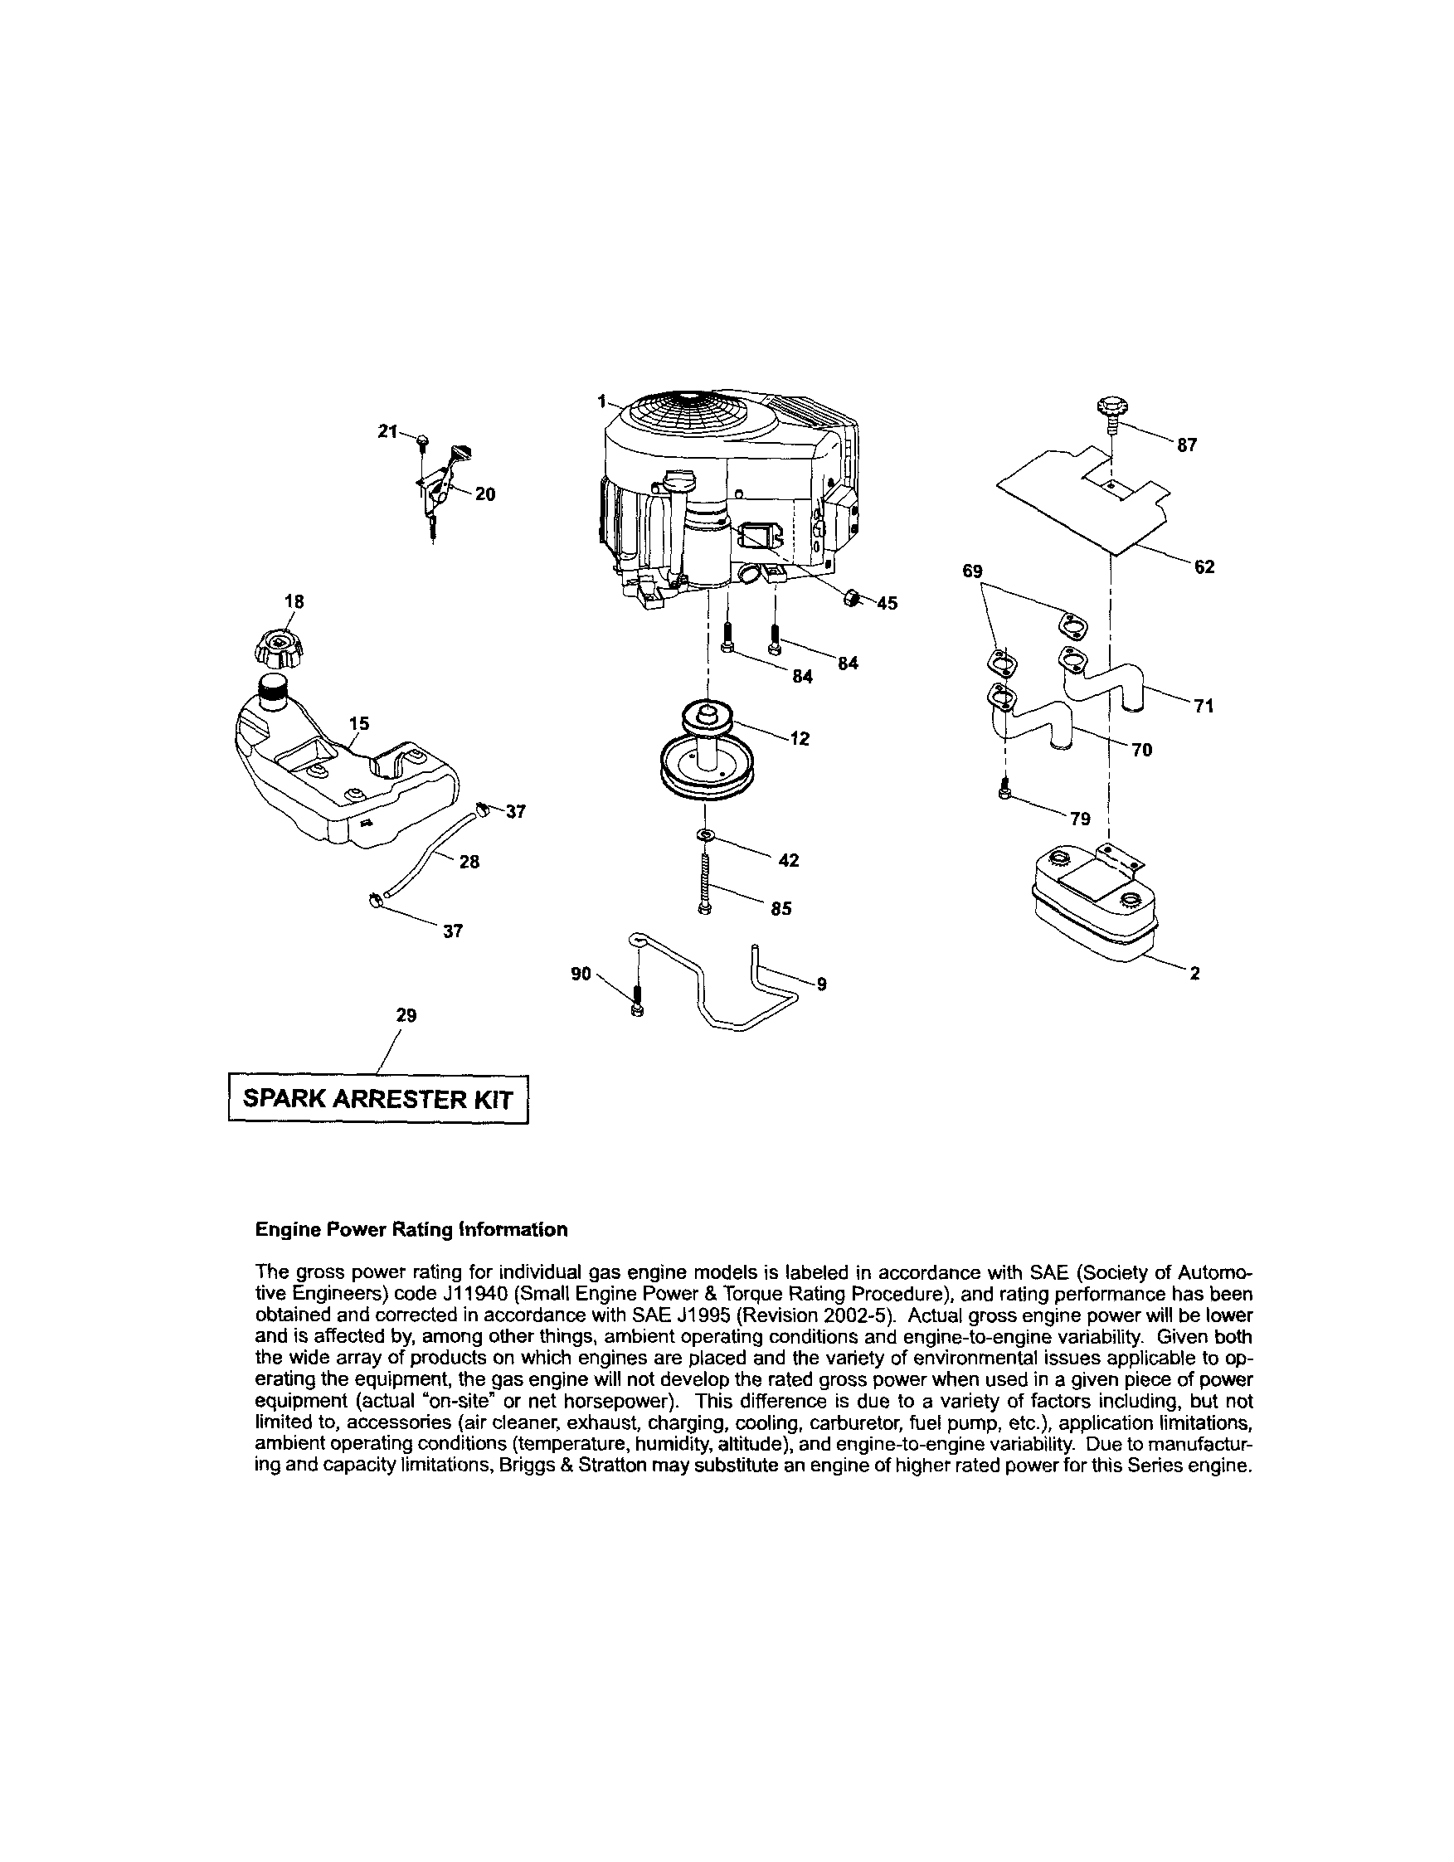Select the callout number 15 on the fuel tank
tap(359, 724)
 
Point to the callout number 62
tap(1204, 567)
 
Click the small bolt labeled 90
tap(637, 1000)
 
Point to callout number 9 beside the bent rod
tap(821, 984)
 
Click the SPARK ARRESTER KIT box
tap(378, 1099)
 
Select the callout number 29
tap(406, 1015)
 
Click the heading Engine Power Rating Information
tap(411, 1229)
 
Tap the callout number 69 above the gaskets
tap(972, 571)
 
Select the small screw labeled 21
tap(422, 440)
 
